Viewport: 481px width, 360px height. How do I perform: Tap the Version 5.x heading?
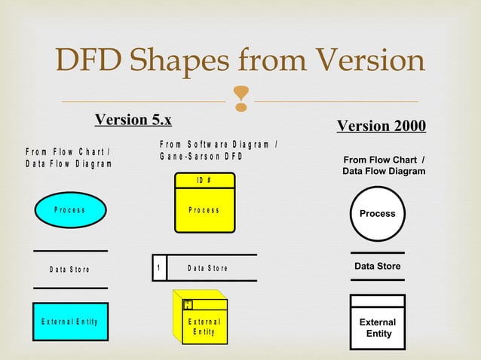(x=133, y=120)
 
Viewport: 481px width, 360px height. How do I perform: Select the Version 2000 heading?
(x=381, y=125)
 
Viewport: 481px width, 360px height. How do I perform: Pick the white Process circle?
(x=378, y=214)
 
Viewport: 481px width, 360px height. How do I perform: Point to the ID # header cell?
(x=204, y=180)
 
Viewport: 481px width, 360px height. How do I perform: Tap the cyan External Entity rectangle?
(x=70, y=322)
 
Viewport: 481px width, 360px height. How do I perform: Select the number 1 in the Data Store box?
(x=159, y=268)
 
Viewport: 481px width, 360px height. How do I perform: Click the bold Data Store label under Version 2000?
(x=378, y=267)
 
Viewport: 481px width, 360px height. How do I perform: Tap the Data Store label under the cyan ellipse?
(x=69, y=269)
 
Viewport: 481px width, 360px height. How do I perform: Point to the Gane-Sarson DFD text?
(x=201, y=157)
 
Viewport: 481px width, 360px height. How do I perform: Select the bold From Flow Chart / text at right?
(x=384, y=160)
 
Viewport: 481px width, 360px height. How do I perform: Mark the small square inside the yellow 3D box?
(x=188, y=305)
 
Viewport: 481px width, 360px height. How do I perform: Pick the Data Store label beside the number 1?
(x=207, y=268)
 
